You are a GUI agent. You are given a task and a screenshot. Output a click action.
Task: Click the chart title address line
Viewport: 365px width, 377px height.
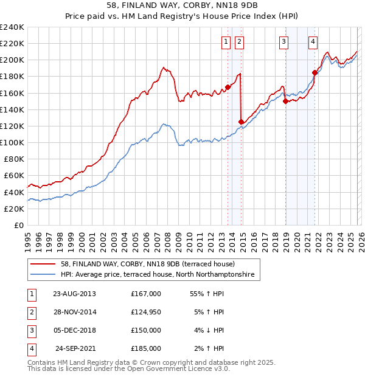(x=182, y=6)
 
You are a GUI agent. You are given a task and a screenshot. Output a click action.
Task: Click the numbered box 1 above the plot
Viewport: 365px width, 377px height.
(x=226, y=42)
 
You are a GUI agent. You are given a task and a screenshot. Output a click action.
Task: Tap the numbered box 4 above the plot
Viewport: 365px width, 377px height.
(x=313, y=42)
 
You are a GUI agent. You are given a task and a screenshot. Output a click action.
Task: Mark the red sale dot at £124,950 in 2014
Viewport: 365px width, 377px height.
(x=242, y=122)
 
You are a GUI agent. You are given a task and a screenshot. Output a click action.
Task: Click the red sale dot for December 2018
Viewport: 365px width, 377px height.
(x=285, y=102)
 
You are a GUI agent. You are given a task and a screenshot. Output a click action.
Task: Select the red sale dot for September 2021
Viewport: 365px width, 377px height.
(x=315, y=72)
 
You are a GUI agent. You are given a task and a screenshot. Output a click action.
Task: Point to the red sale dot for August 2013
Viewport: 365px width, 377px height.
(x=228, y=87)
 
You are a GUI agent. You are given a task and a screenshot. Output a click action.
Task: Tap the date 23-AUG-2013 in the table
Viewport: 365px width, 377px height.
(x=74, y=294)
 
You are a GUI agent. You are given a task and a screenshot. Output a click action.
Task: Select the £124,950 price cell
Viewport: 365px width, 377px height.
(x=146, y=312)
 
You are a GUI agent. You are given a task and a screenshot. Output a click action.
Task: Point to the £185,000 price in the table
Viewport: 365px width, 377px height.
(x=146, y=348)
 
